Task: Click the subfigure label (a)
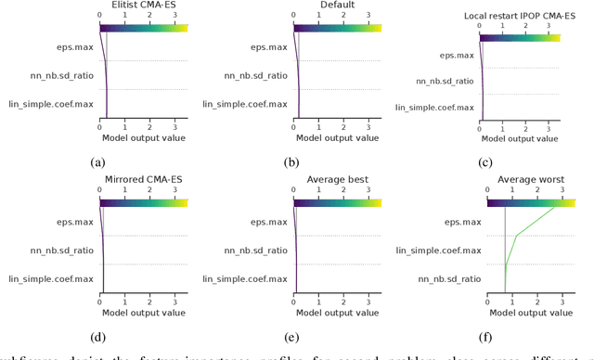click(97, 161)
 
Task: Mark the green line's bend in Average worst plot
click(516, 237)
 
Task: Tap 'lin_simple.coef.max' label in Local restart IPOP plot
click(434, 109)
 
